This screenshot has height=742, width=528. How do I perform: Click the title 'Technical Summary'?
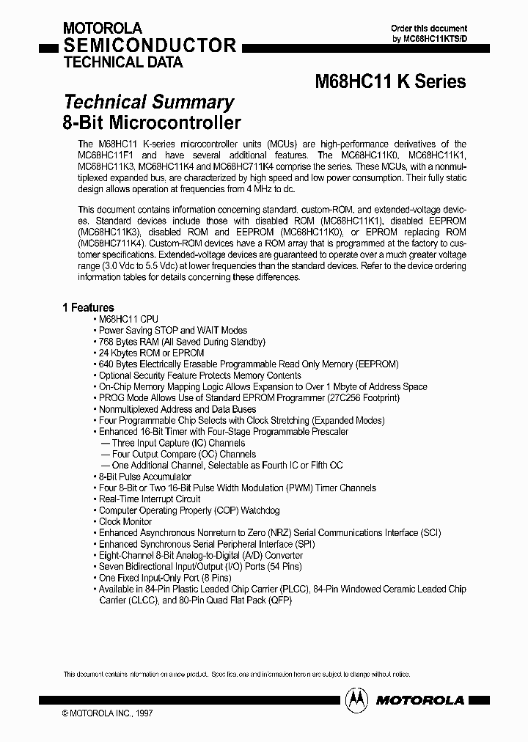pyautogui.click(x=149, y=102)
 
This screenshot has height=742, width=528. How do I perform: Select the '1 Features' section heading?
pyautogui.click(x=88, y=308)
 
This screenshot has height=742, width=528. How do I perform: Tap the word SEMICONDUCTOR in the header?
pyautogui.click(x=150, y=45)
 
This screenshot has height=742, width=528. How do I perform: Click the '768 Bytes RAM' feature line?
pyautogui.click(x=182, y=342)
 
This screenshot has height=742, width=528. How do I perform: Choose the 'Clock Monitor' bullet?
pyautogui.click(x=125, y=521)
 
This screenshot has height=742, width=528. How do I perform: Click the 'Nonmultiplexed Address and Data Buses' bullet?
pyautogui.click(x=177, y=409)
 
